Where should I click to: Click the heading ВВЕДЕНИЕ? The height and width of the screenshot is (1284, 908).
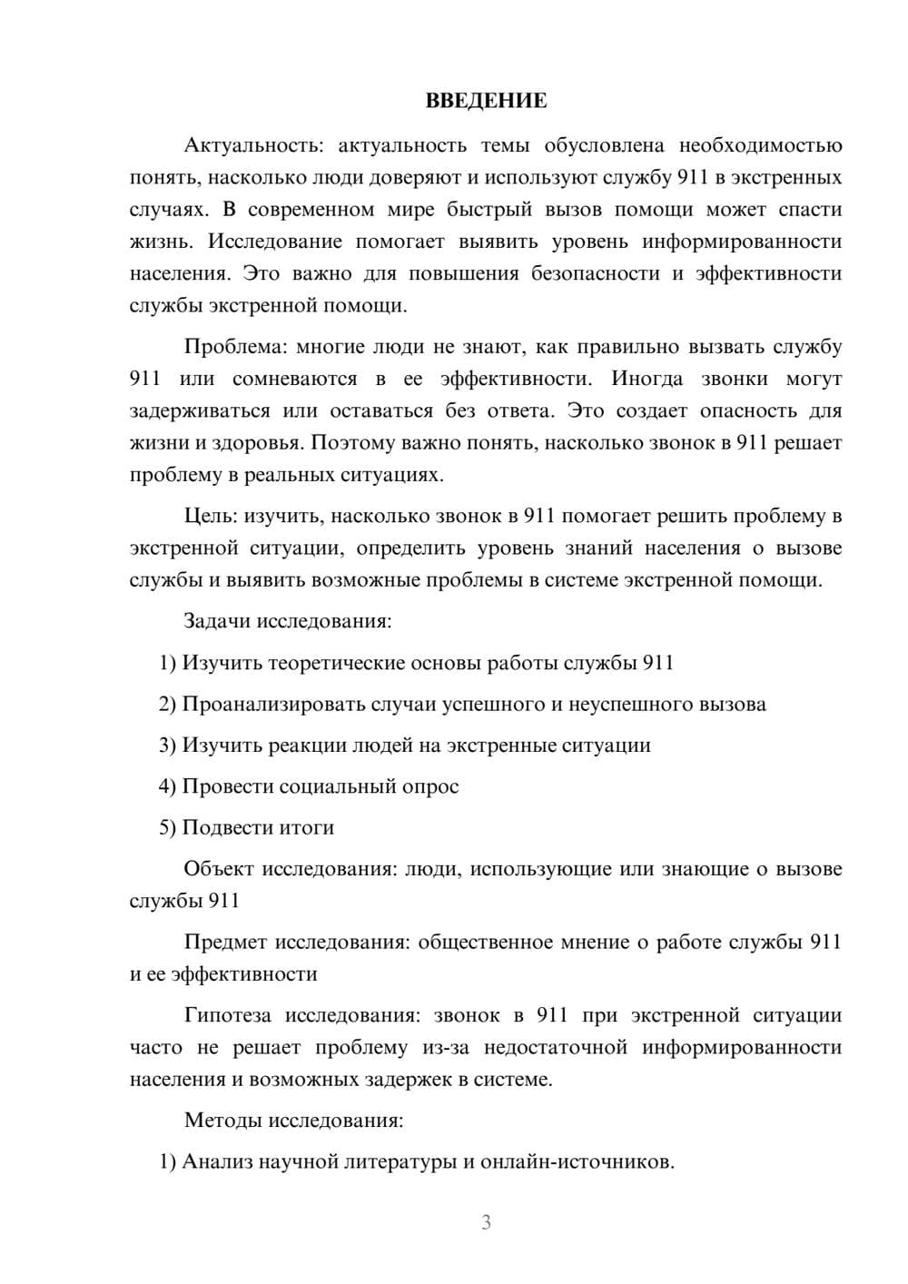click(486, 101)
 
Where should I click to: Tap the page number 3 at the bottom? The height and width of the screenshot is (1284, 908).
click(486, 1222)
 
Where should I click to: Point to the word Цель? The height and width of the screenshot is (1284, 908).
click(211, 517)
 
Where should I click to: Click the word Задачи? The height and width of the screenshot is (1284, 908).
click(218, 622)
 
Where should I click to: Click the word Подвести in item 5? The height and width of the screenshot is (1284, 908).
click(222, 827)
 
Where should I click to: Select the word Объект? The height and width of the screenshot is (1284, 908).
click(219, 869)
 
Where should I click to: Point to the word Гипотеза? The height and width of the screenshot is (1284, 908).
click(228, 1015)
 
